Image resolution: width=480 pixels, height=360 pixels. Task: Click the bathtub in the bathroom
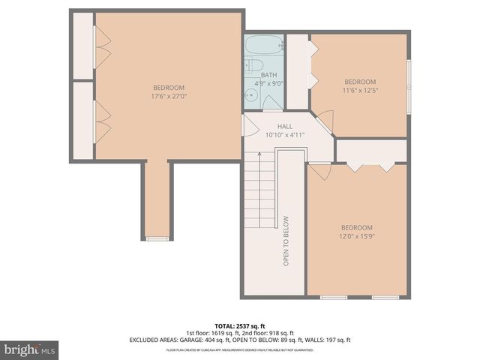[265, 44]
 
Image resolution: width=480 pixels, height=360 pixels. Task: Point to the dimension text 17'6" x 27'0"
[168, 96]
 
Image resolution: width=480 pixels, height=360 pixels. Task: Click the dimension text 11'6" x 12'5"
[360, 90]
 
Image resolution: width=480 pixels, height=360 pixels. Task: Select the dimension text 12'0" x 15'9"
[357, 235]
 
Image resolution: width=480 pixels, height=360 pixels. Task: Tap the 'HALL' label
[284, 127]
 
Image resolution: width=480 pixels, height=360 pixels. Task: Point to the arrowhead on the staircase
[259, 154]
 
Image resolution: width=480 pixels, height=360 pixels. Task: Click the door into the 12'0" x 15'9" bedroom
[319, 170]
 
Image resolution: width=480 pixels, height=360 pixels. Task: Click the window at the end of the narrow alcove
[157, 238]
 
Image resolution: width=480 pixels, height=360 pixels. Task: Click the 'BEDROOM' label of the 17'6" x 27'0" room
[168, 88]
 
